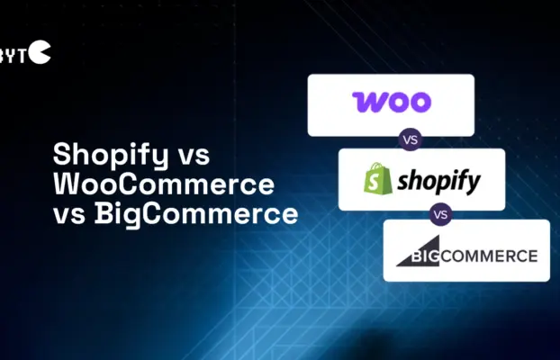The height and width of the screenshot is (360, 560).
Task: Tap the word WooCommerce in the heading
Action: coord(164,184)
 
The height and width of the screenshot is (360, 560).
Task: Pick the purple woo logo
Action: coord(391,101)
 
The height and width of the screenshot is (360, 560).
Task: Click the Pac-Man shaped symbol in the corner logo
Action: coord(41,53)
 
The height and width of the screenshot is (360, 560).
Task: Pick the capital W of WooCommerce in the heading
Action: coord(68,184)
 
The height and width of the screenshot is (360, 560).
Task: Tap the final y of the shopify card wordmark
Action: coord(472,184)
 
